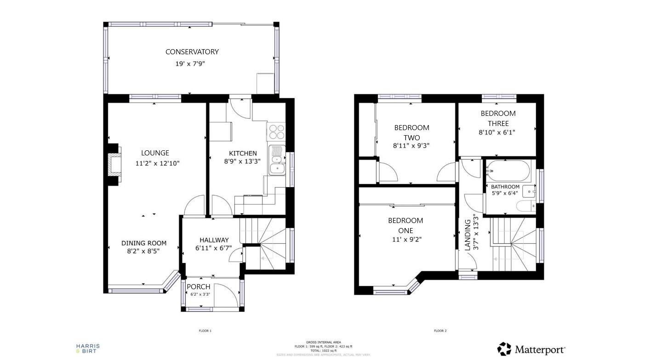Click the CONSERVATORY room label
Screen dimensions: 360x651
(192, 52)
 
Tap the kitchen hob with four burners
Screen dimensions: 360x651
(276, 132)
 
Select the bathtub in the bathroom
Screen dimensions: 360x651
(508, 171)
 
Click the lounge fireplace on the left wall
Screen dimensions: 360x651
(114, 164)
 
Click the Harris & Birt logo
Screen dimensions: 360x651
(87, 349)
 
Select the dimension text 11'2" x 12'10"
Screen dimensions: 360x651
(155, 163)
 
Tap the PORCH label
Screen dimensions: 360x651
(199, 287)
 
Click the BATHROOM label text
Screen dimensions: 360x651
(505, 187)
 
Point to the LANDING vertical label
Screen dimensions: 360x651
(468, 234)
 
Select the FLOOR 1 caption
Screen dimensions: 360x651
(205, 331)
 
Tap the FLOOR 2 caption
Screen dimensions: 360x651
(440, 331)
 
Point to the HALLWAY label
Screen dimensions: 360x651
(214, 240)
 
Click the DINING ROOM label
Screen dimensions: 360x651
(144, 243)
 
